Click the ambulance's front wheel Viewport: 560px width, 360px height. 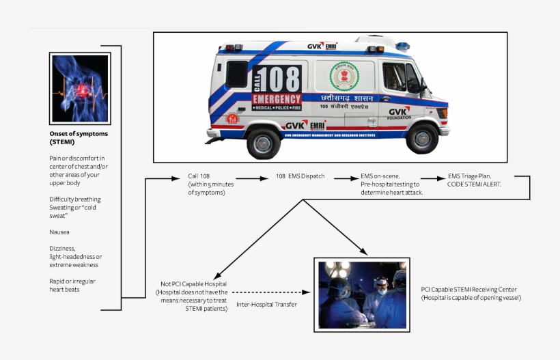422,137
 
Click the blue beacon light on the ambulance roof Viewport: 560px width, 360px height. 403,46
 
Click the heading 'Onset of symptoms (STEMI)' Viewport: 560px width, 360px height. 79,137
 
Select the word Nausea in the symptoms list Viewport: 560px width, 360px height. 59,232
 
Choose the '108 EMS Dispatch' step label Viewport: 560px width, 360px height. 300,176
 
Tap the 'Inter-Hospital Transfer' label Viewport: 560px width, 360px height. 266,304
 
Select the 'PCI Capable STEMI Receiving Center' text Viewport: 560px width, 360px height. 468,290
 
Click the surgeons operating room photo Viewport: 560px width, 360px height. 361,294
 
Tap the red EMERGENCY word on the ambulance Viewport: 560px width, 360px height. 277,99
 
